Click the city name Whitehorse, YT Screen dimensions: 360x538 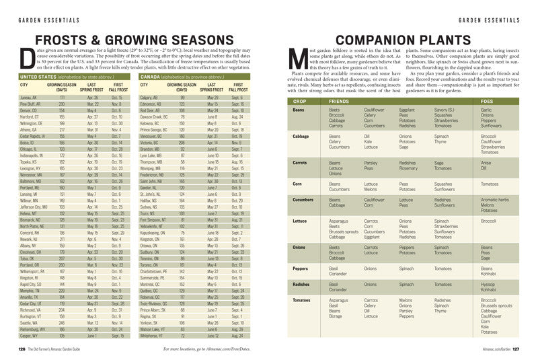pyautogui.click(x=151, y=334)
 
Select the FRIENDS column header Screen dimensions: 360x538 pyautogui.click(x=339, y=100)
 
